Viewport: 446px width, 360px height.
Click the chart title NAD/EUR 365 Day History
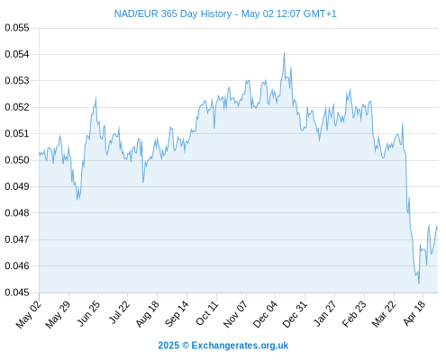point(173,13)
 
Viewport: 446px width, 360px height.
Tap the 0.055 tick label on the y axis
point(17,28)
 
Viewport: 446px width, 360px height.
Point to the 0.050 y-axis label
point(17,160)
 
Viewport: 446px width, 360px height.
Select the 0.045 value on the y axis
point(17,292)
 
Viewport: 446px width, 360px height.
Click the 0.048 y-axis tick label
point(17,213)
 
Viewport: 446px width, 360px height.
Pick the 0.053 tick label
point(17,81)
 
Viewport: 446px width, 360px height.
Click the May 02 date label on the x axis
point(29,314)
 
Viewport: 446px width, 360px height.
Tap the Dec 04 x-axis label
point(265,314)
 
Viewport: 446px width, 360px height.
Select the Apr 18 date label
point(414,313)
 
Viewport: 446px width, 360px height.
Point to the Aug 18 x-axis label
point(147,314)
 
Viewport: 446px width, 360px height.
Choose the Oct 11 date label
point(207,313)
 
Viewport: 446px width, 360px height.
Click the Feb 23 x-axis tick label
point(354,314)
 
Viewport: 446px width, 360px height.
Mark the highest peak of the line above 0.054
point(284,53)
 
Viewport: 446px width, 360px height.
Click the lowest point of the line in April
point(419,283)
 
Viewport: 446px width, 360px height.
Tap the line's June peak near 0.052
point(96,97)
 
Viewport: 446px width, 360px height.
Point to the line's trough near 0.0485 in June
point(77,200)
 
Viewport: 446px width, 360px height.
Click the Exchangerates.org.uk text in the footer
point(240,346)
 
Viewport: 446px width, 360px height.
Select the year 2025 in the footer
point(168,346)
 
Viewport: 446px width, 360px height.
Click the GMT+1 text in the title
point(320,13)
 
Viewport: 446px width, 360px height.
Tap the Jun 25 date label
point(88,313)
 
